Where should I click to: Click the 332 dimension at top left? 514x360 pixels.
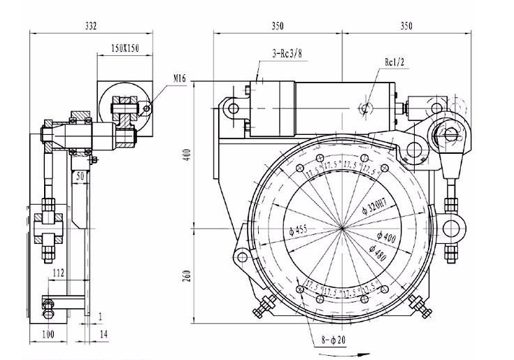click(x=90, y=26)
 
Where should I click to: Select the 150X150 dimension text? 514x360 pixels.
click(x=127, y=47)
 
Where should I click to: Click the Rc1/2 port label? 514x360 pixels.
click(x=395, y=62)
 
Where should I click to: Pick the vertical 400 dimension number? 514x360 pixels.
click(x=187, y=154)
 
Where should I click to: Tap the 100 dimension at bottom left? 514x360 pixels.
click(x=48, y=335)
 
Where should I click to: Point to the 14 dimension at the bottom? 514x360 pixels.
click(x=103, y=335)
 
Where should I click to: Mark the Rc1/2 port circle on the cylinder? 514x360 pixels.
click(x=364, y=108)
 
